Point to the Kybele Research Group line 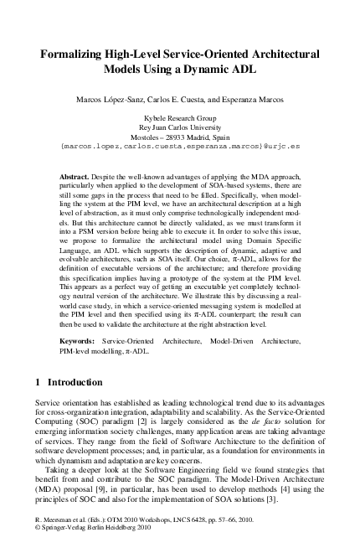click(x=180, y=119)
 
